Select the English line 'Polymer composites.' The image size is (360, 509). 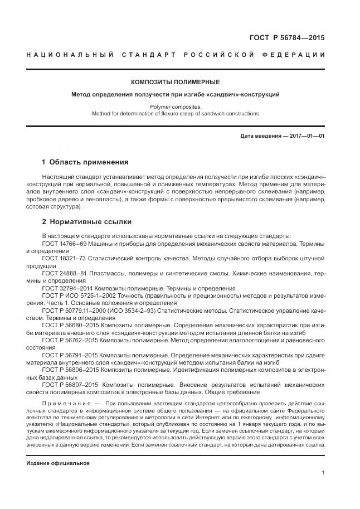click(x=176, y=106)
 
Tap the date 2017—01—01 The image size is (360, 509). click(x=306, y=135)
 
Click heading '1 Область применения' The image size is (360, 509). click(x=85, y=162)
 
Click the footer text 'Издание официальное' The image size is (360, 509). click(x=58, y=463)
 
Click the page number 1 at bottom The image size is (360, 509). click(x=323, y=473)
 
